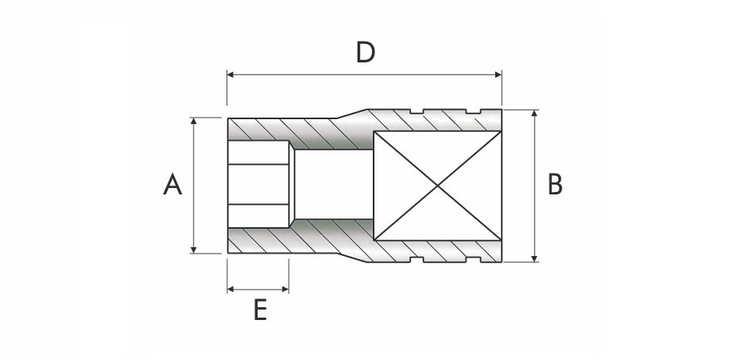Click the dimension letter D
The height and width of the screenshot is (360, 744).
point(366,52)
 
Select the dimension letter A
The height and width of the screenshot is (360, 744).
point(173,185)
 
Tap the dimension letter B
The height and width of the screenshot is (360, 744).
point(555,185)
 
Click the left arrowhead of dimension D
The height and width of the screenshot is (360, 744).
point(230,74)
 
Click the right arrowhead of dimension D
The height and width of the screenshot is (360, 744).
point(498,74)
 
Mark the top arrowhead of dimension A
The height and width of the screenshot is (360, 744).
point(193,121)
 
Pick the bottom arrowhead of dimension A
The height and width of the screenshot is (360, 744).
point(193,250)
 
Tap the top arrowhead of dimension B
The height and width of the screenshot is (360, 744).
point(534,113)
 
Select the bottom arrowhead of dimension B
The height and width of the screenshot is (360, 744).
point(534,258)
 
